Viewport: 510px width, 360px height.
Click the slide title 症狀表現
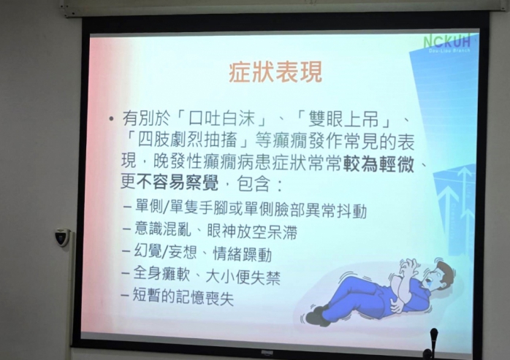275,72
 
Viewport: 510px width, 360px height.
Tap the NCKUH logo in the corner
447,42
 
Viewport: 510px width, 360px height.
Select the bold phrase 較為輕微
378,164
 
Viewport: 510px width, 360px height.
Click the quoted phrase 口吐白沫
222,119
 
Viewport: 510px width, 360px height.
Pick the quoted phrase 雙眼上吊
343,119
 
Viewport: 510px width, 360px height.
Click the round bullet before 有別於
112,119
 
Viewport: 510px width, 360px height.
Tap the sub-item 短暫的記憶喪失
183,296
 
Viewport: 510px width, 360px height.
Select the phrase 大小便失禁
243,277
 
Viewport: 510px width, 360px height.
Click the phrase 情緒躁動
243,254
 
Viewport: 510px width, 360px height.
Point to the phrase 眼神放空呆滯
252,231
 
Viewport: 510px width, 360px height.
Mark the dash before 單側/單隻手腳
127,207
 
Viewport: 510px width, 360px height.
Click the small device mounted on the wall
62,237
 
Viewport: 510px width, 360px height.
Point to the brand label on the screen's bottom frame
267,353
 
